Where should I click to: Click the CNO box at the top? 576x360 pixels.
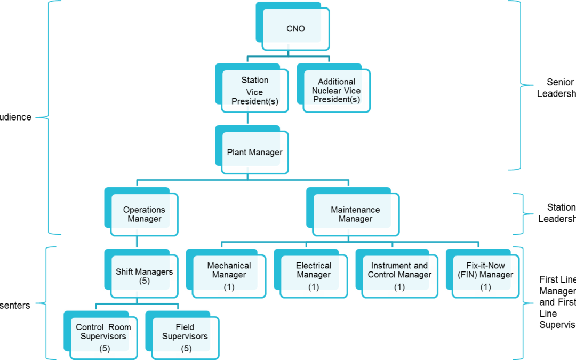pos(295,29)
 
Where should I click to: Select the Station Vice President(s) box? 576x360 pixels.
pos(254,91)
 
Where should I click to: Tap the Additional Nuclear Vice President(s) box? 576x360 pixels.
pos(336,91)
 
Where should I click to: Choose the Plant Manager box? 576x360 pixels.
pos(254,153)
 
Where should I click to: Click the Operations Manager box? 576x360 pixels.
pos(144,214)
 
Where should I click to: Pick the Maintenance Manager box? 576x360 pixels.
pos(355,214)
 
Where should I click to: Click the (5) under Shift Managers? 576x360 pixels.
pos(144,281)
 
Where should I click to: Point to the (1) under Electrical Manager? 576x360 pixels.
pos(314,287)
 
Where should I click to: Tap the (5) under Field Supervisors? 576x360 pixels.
pos(186,349)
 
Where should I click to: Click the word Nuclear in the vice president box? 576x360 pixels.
pos(329,91)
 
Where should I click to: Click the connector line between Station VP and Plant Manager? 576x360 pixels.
pos(247,119)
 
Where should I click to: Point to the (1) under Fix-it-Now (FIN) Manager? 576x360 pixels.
pos(485,287)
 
